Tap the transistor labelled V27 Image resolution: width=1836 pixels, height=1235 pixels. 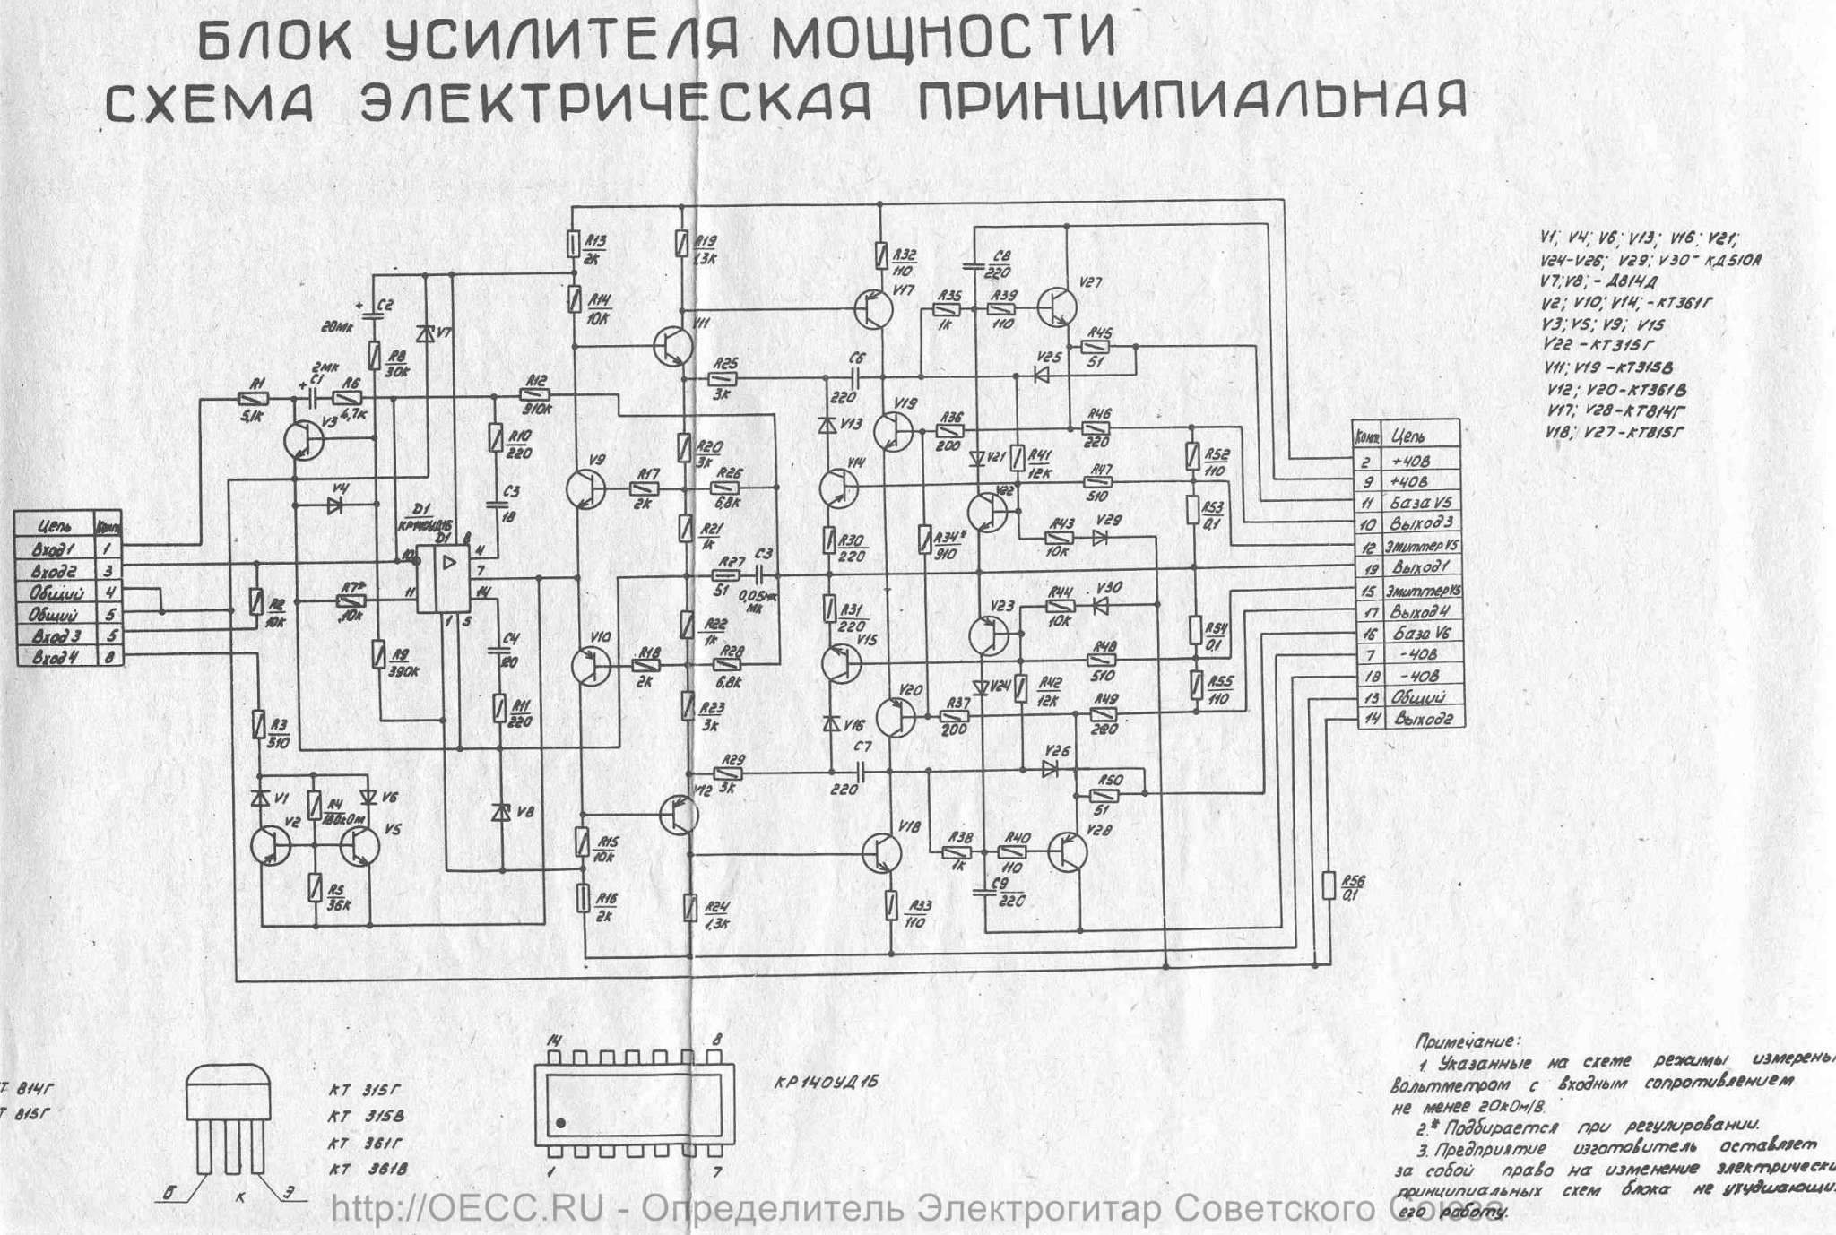coord(1058,307)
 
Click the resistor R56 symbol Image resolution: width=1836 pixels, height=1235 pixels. coord(1329,887)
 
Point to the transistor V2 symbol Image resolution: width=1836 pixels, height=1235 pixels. coord(269,843)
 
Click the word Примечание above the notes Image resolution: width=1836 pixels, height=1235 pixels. coord(1466,1041)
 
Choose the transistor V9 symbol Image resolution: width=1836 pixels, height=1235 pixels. coord(585,489)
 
